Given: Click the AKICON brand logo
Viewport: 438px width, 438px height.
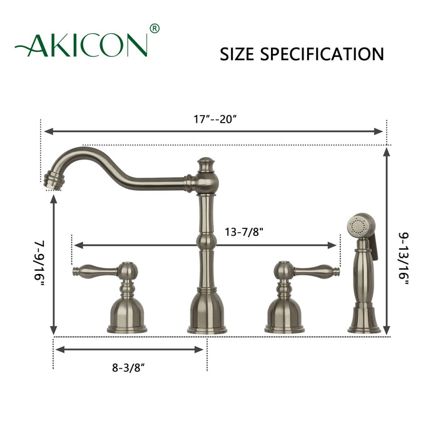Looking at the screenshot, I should click(x=81, y=45).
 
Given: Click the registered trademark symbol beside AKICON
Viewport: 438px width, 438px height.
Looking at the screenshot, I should click(x=155, y=29).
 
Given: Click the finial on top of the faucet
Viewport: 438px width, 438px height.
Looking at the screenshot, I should click(x=205, y=164).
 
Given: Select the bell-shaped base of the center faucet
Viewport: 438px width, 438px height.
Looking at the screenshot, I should click(x=205, y=313).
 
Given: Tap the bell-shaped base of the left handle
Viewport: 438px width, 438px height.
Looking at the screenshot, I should click(x=127, y=313).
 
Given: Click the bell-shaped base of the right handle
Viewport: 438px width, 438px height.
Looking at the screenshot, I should click(x=284, y=313).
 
